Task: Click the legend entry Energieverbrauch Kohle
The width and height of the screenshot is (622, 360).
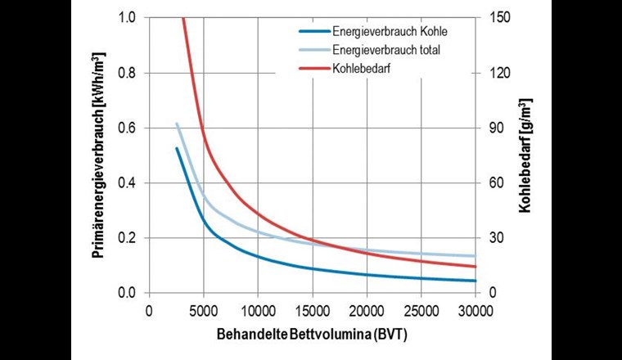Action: click(x=390, y=32)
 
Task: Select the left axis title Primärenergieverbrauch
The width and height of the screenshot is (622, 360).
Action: click(x=98, y=155)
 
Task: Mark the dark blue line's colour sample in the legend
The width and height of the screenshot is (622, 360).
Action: click(x=312, y=32)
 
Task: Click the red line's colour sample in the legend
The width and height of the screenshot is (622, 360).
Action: click(x=312, y=68)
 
